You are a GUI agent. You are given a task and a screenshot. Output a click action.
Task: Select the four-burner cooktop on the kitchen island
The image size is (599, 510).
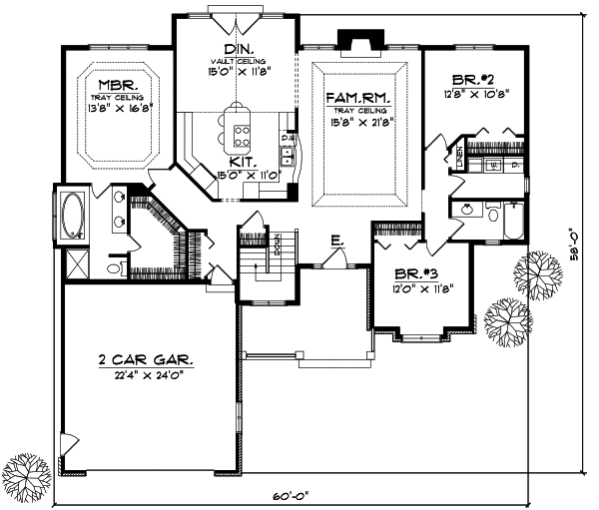(x=240, y=128)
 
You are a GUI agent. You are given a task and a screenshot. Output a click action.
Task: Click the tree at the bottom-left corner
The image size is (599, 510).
(x=22, y=471)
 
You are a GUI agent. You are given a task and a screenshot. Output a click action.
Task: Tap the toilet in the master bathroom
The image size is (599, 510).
(x=113, y=268)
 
